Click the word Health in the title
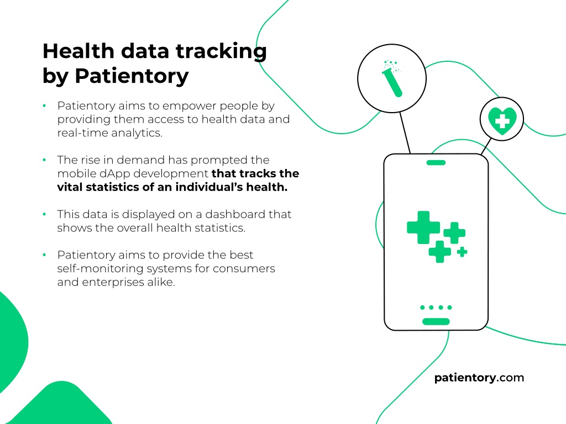point(78,51)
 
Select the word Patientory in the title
point(132,76)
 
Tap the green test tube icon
point(392,78)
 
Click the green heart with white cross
point(502,120)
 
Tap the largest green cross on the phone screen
point(423,227)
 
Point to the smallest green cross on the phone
point(462,252)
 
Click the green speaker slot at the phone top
point(436,163)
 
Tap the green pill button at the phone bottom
point(436,322)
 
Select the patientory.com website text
point(479,378)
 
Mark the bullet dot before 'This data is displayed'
point(44,214)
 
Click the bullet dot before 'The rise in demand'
point(44,160)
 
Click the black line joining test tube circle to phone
point(405,133)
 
